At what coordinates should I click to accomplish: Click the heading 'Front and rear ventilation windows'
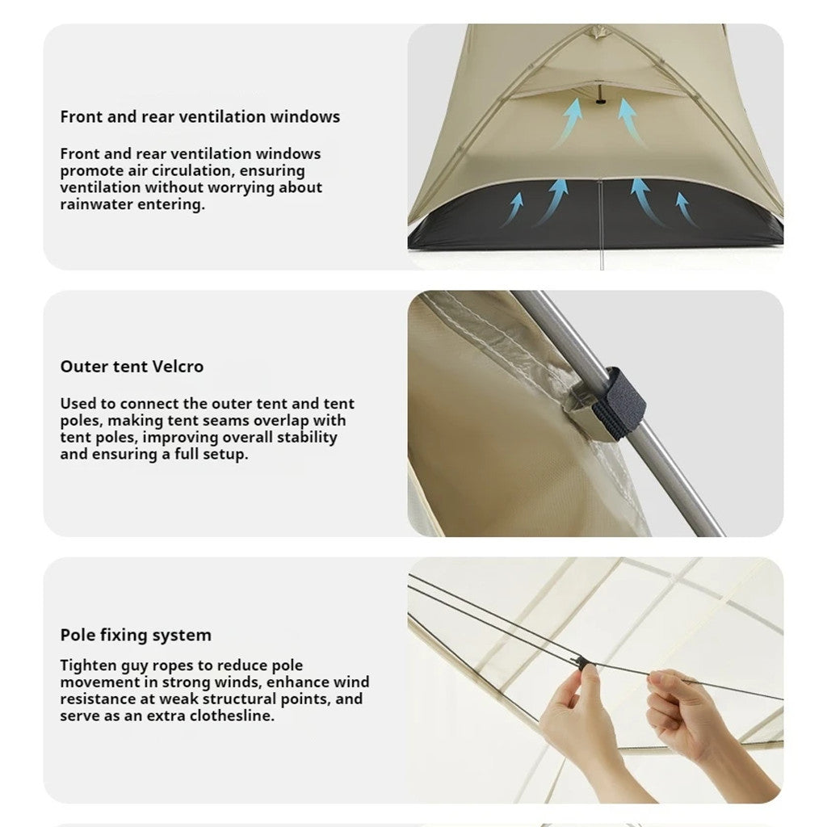click(x=199, y=116)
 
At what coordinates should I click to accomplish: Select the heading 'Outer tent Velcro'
click(x=132, y=367)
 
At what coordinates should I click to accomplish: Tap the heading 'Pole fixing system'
click(x=136, y=635)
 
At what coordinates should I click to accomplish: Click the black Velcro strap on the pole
click(x=618, y=403)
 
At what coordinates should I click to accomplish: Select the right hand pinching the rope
click(x=686, y=711)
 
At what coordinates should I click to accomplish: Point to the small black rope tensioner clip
click(x=581, y=662)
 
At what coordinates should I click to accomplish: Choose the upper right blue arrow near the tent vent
click(x=631, y=120)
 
